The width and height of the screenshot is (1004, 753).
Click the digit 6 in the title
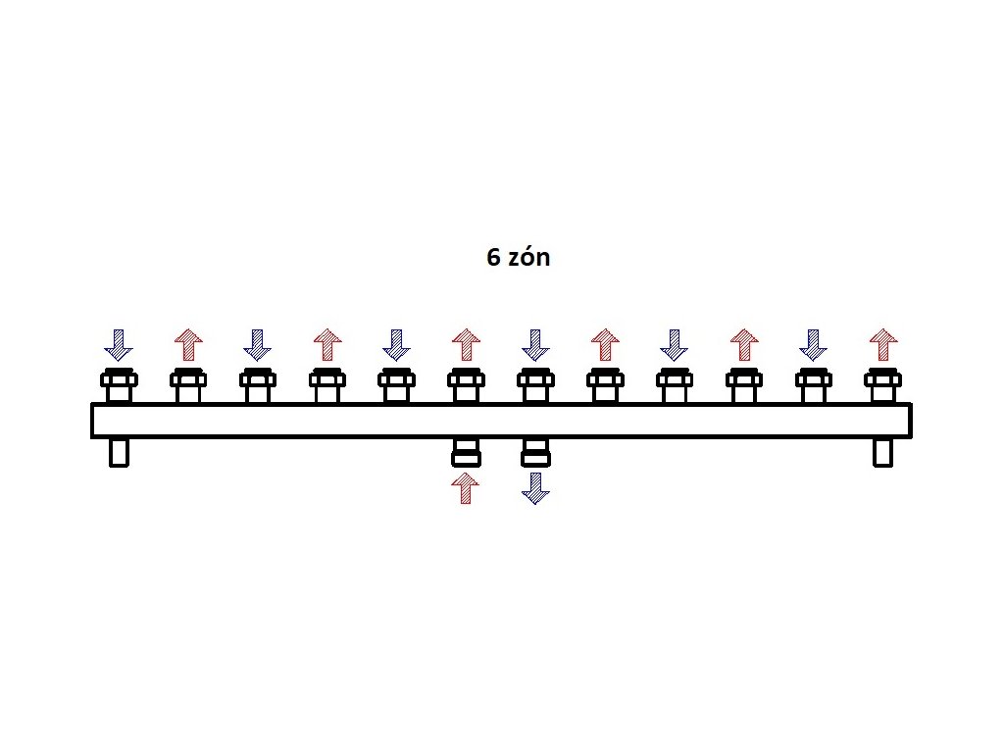click(x=494, y=258)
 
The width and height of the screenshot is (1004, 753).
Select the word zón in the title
click(x=529, y=258)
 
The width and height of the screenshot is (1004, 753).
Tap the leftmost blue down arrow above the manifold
click(x=119, y=344)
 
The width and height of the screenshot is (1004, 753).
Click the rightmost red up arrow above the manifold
click(x=883, y=344)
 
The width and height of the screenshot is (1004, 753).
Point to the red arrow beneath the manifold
click(x=466, y=487)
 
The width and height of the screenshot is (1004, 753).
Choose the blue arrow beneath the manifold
click(x=534, y=487)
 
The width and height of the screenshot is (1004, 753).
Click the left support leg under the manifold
click(x=119, y=452)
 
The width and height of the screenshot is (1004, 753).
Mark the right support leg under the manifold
click(x=883, y=452)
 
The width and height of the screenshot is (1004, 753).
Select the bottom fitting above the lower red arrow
click(x=466, y=452)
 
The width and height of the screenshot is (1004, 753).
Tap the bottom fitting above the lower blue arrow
click(x=534, y=452)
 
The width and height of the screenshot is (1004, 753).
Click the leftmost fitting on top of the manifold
click(x=119, y=385)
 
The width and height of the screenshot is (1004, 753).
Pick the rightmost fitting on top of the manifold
click(x=883, y=385)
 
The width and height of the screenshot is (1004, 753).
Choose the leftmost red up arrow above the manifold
click(x=187, y=344)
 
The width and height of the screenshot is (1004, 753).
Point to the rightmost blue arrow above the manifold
click(x=813, y=344)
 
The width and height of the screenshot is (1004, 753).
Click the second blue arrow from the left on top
click(x=257, y=344)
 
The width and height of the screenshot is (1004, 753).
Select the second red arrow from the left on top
click(x=326, y=344)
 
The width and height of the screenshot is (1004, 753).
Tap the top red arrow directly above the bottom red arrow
click(x=466, y=344)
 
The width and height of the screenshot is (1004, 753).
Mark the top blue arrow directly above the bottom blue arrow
click(x=534, y=344)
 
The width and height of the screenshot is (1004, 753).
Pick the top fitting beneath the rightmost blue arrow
click(x=813, y=385)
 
